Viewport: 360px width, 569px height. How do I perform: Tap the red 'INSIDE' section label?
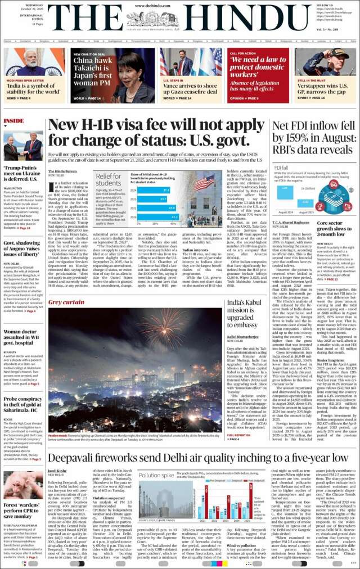click(13, 121)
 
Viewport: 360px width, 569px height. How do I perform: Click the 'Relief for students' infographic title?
click(108, 180)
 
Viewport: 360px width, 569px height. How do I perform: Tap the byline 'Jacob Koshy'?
click(57, 470)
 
